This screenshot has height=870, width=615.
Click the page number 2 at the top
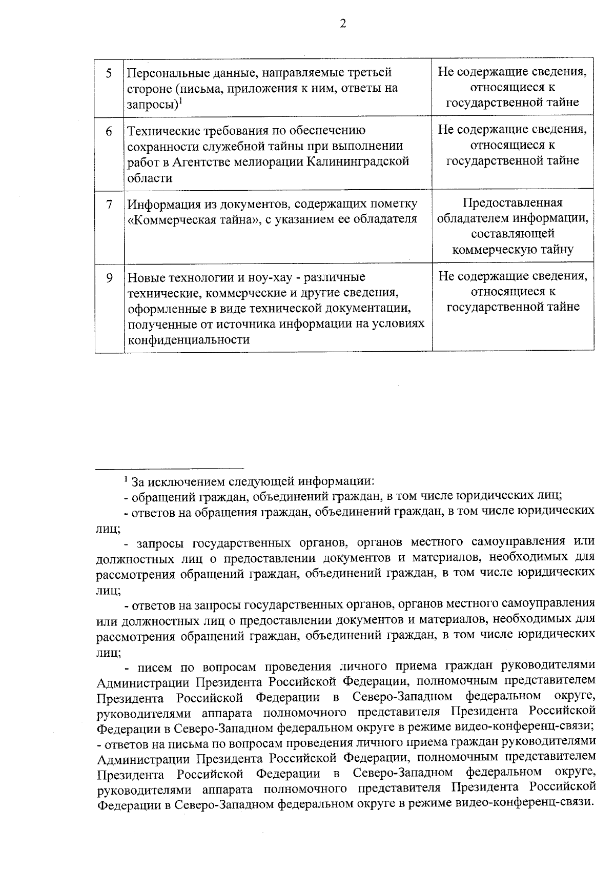tap(343, 24)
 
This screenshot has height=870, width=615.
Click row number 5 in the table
tap(109, 73)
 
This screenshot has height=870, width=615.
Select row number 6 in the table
tap(109, 131)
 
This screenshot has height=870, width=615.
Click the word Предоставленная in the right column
tap(512, 203)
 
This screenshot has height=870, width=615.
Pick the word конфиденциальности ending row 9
tap(189, 340)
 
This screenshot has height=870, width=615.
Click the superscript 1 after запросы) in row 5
tap(181, 101)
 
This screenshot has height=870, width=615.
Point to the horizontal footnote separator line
tap(170, 468)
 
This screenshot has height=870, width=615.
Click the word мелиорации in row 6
tap(262, 162)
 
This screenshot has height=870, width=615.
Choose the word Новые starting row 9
tap(145, 278)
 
